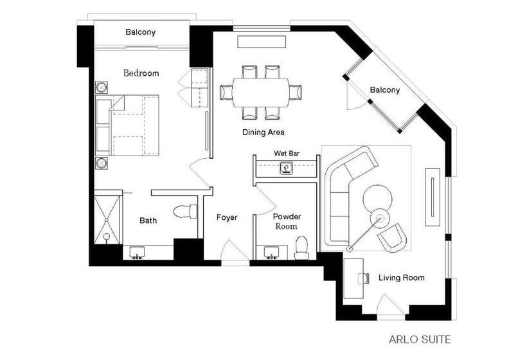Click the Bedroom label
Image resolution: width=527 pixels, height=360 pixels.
coord(141,73)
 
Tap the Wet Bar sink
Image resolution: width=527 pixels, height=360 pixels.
coord(285,168)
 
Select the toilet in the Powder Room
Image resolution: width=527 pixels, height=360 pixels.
coord(301,247)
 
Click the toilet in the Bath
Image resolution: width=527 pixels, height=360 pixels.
coord(187,211)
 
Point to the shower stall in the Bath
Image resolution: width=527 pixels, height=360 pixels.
coord(107,218)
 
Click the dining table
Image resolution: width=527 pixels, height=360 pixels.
coord(260,92)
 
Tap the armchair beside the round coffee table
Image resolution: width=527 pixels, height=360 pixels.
coord(393,238)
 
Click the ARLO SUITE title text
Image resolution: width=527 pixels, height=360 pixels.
coord(420,339)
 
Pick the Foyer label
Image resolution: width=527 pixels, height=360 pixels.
coord(226,217)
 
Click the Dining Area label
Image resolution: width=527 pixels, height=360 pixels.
coord(263,132)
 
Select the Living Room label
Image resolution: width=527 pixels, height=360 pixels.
coord(401,278)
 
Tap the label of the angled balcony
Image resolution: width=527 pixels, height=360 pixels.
coord(384,90)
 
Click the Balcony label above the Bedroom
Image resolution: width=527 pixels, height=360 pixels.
coord(140,32)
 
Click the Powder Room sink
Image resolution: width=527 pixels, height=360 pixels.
coord(271,252)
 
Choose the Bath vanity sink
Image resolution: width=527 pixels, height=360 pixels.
coord(138,253)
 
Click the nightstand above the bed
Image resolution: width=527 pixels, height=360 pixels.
coord(102,87)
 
